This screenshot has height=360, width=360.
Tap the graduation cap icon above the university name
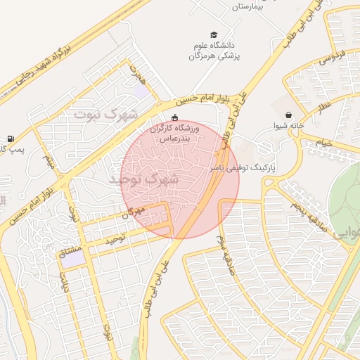(x=213, y=35)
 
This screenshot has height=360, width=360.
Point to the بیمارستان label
(x=251, y=6)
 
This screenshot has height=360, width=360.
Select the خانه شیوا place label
(x=289, y=127)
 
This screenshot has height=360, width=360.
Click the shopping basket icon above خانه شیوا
(x=289, y=115)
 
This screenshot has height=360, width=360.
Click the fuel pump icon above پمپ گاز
(x=10, y=139)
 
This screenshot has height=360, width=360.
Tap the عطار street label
(x=323, y=108)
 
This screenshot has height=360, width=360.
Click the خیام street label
(x=323, y=143)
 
